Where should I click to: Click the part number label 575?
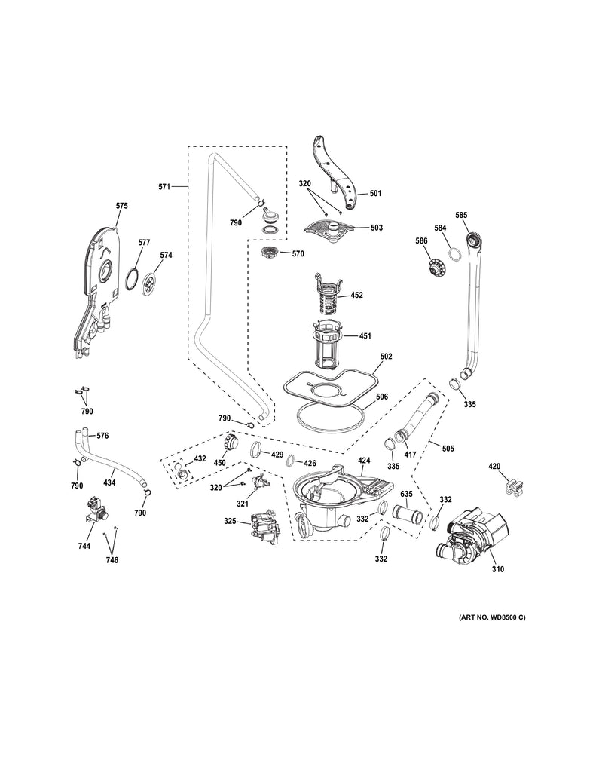click(x=121, y=205)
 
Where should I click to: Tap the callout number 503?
click(x=375, y=227)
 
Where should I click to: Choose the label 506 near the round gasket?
click(x=382, y=396)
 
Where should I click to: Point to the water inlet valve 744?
click(x=96, y=510)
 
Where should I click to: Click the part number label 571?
click(x=166, y=185)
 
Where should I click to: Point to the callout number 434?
click(x=109, y=482)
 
